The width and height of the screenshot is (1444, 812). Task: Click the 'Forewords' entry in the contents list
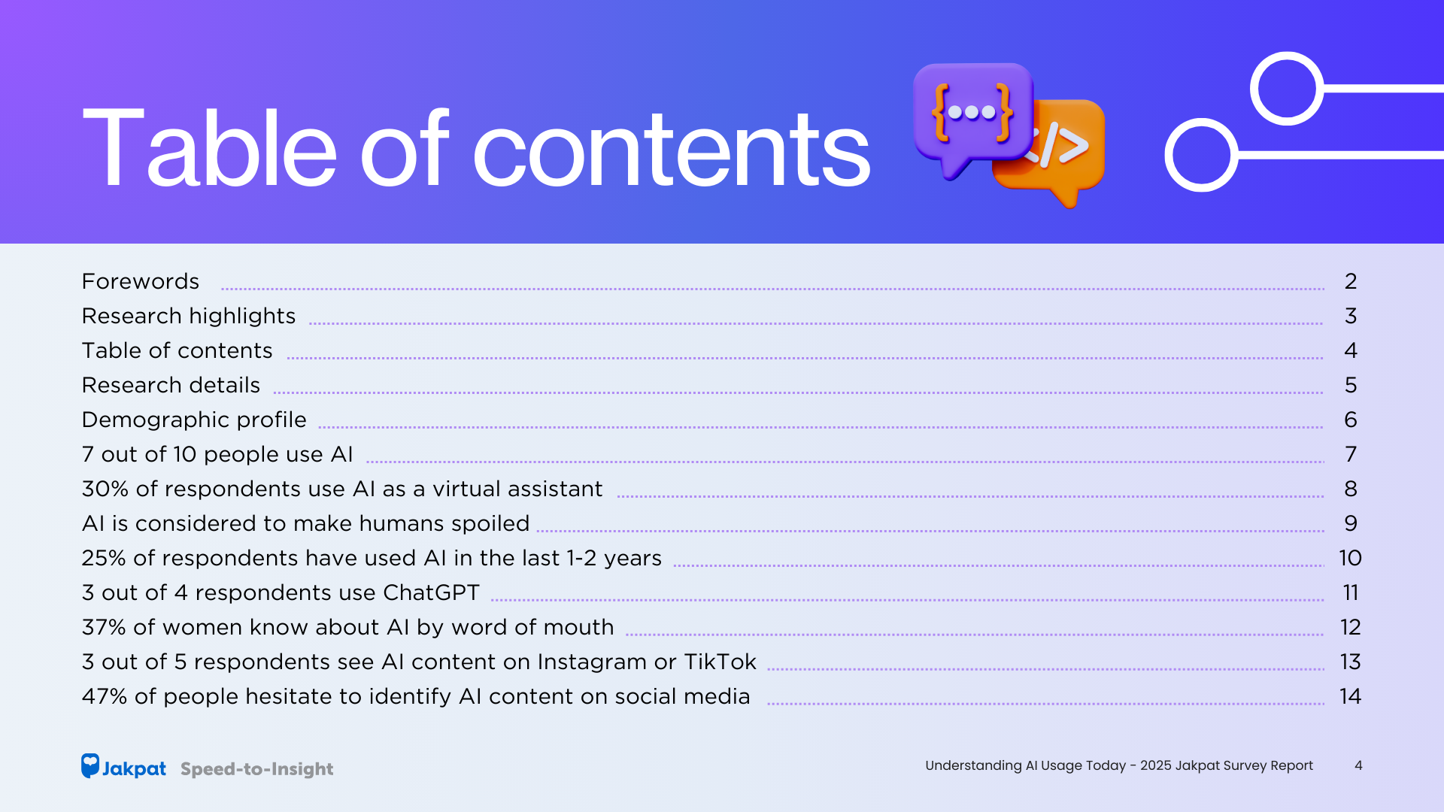[141, 281]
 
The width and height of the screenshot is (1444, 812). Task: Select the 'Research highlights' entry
[189, 317]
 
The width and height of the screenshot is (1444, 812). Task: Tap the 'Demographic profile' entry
[194, 420]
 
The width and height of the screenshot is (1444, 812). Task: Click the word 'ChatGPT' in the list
[431, 592]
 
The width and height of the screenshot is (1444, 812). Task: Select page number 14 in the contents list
[1350, 696]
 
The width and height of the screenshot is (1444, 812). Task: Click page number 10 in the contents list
[1350, 558]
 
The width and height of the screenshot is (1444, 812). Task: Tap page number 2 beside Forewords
[1351, 281]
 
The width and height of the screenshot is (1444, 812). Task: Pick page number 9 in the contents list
[1351, 523]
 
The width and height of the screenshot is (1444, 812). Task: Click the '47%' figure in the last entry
[105, 696]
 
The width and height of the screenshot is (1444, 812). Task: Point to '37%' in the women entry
[104, 627]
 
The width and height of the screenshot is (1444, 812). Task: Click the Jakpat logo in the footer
[123, 766]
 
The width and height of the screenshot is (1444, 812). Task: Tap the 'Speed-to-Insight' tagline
[256, 769]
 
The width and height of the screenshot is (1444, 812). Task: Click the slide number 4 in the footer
[1358, 765]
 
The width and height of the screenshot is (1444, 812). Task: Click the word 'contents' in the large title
[671, 148]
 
